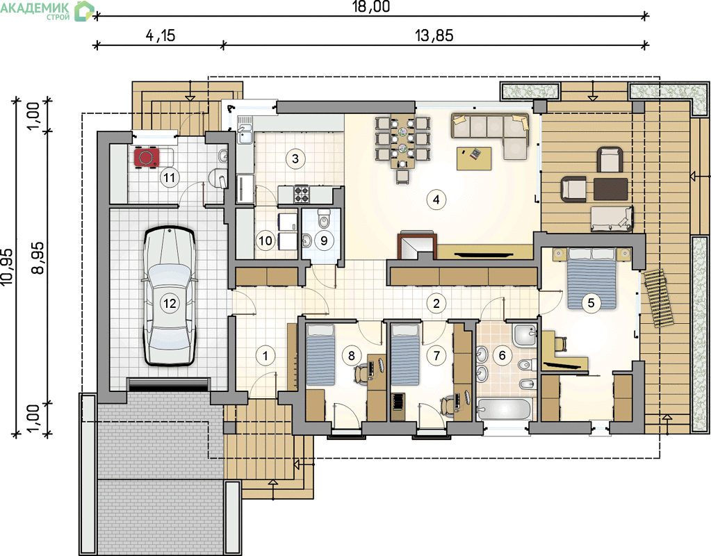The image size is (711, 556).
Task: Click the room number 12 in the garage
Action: coord(170,303)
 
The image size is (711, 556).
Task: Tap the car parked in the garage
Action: coord(170,295)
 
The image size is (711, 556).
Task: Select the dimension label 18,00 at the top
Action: coord(371,6)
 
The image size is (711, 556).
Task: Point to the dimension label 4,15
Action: coord(161,35)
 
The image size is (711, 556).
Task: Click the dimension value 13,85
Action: coord(434,35)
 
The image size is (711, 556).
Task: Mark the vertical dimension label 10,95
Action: coord(7,267)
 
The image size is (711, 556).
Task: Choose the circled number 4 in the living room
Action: coord(436,199)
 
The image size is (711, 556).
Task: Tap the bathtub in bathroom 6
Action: coord(503,409)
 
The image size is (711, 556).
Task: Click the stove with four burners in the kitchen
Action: coord(302,194)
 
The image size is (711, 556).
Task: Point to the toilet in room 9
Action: coord(324,219)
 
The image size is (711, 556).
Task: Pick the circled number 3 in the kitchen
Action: coord(295,158)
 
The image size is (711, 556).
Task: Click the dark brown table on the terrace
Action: coord(611,189)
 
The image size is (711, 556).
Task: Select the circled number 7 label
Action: coord(436,355)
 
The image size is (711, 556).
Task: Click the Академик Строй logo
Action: coord(47,10)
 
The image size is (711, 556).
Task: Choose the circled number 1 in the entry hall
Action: coord(265,355)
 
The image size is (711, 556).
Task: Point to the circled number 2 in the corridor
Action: coord(436,303)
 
